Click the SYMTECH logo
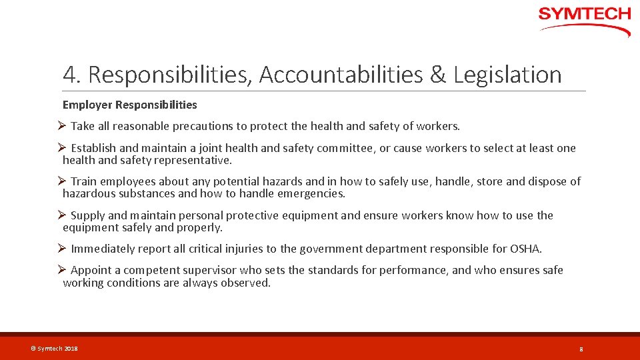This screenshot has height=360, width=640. [584, 20]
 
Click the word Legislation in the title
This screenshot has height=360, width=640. [507, 75]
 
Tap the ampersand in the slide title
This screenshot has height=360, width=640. [437, 75]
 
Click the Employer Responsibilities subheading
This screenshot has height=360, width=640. [130, 105]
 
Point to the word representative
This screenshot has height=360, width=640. [193, 161]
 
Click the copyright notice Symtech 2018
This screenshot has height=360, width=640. [54, 349]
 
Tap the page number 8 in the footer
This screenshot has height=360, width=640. [581, 349]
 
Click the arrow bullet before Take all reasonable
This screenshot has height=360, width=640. [61, 125]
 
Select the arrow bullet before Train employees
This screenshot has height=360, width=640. [61, 181]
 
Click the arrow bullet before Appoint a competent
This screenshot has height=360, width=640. [61, 269]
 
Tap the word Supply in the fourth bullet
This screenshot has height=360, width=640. [87, 215]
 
